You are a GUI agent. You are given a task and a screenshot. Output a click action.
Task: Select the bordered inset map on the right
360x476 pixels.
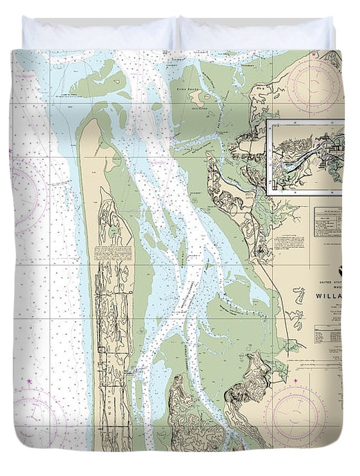[306, 157]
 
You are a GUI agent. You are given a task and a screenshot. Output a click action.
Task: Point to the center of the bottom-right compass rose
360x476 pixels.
[296, 415]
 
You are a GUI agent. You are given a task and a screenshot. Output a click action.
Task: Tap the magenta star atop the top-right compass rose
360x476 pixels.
[315, 55]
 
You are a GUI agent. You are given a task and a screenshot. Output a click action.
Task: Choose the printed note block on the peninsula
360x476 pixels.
[113, 252]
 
